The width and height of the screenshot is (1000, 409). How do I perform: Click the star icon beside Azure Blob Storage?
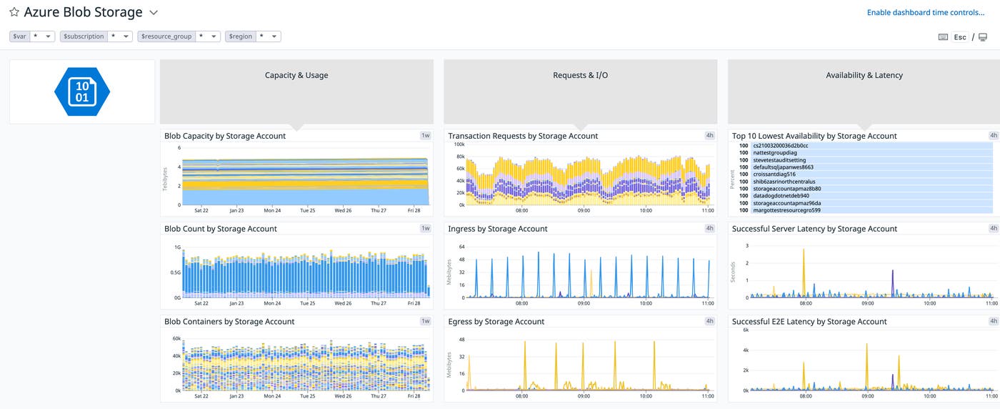(x=14, y=13)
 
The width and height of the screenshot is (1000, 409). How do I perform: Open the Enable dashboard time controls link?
(x=925, y=13)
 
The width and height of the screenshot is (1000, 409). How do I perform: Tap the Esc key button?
(x=960, y=37)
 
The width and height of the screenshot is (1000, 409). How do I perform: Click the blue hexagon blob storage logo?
(x=82, y=92)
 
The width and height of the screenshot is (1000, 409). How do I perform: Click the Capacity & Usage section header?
(x=296, y=75)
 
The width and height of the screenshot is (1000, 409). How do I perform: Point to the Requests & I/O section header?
(x=580, y=75)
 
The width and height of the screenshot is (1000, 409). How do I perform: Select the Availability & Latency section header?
(x=864, y=75)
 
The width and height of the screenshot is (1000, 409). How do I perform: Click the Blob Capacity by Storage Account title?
(x=225, y=136)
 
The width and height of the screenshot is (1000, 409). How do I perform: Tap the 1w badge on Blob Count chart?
(x=426, y=228)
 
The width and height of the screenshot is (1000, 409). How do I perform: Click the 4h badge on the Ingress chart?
(x=709, y=228)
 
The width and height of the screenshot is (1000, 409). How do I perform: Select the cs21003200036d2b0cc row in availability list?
(x=780, y=146)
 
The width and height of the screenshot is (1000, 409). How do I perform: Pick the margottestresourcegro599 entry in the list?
(x=786, y=210)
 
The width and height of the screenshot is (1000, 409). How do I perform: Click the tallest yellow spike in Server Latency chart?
(x=804, y=251)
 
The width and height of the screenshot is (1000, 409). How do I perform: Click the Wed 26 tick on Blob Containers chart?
(x=343, y=395)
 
